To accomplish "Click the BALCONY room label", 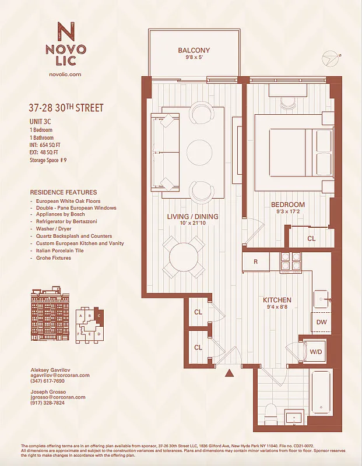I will [x=194, y=51].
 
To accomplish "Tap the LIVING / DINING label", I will [x=192, y=217].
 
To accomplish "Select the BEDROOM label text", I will [x=287, y=205].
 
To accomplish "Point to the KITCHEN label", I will [x=277, y=300].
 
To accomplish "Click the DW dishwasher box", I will [x=321, y=322].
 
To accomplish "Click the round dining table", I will [x=184, y=256].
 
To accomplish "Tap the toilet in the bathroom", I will [x=270, y=414].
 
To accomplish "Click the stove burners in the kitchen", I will [x=290, y=261].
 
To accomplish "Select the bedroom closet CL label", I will [x=311, y=238].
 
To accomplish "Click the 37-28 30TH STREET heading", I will [x=66, y=108].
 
